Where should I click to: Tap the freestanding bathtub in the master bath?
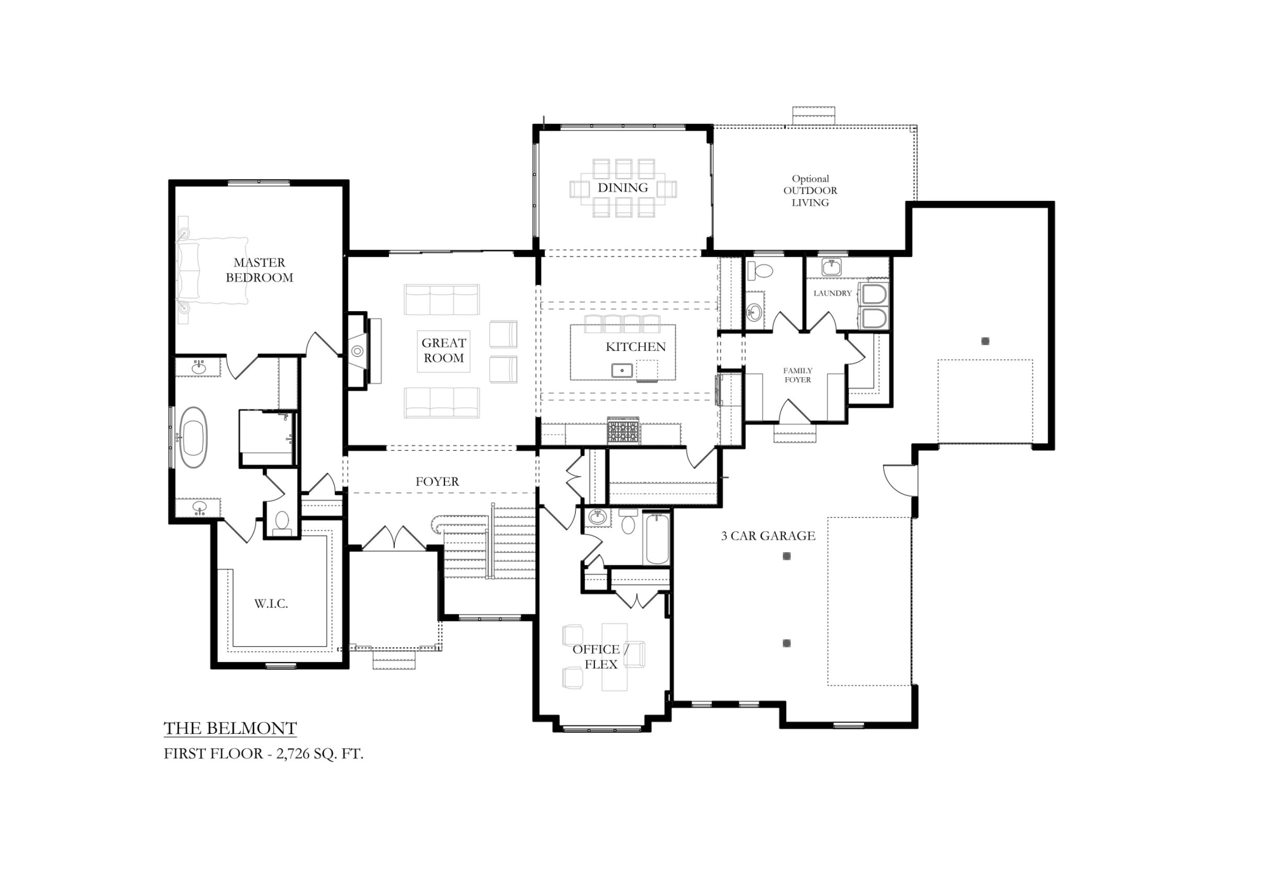pyautogui.click(x=193, y=438)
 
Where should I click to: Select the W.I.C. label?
pyautogui.click(x=271, y=604)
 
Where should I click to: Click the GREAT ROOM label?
pyautogui.click(x=444, y=350)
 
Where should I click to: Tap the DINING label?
pyautogui.click(x=623, y=187)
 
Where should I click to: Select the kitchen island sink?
pyautogui.click(x=622, y=370)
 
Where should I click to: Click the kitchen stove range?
pyautogui.click(x=623, y=430)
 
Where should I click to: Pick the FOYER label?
pyautogui.click(x=437, y=481)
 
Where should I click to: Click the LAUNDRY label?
pyautogui.click(x=832, y=293)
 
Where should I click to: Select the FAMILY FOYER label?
pyautogui.click(x=797, y=375)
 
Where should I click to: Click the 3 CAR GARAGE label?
pyautogui.click(x=768, y=536)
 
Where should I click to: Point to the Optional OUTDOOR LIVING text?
pyautogui.click(x=810, y=191)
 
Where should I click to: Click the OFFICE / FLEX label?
pyautogui.click(x=600, y=657)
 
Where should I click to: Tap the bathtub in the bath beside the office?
pyautogui.click(x=657, y=538)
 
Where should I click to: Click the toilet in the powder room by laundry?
pyautogui.click(x=763, y=270)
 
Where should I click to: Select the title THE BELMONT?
pyautogui.click(x=231, y=729)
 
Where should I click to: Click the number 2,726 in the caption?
pyautogui.click(x=293, y=754)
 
